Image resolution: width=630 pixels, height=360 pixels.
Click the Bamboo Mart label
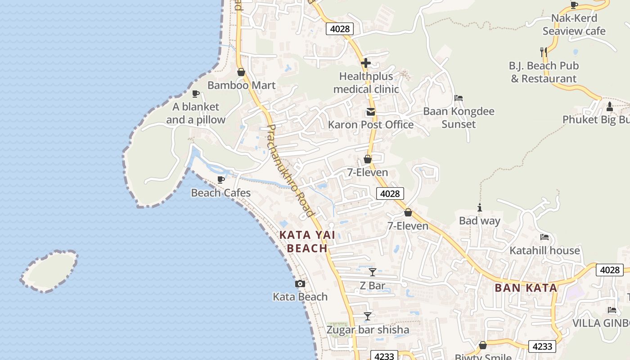pyautogui.click(x=241, y=85)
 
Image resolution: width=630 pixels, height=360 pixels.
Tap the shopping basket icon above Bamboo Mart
pyautogui.click(x=241, y=72)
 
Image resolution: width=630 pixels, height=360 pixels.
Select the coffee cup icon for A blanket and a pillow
pyautogui.click(x=196, y=94)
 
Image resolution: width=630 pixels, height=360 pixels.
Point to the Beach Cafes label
pyautogui.click(x=220, y=193)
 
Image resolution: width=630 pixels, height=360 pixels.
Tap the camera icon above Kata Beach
pyautogui.click(x=300, y=283)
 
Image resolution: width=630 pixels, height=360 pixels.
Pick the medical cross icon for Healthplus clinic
pyautogui.click(x=366, y=63)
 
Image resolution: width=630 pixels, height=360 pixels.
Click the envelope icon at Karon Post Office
pyautogui.click(x=371, y=112)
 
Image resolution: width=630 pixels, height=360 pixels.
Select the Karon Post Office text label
pyautogui.click(x=371, y=125)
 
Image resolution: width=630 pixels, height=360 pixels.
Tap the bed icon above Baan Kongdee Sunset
pyautogui.click(x=459, y=98)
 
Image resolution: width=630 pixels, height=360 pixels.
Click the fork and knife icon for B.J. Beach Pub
pyautogui.click(x=544, y=52)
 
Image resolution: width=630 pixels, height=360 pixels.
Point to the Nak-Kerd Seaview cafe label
pyautogui.click(x=574, y=25)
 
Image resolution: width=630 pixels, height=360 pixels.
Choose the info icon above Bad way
pyautogui.click(x=480, y=207)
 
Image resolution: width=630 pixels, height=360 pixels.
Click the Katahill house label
pyautogui.click(x=544, y=250)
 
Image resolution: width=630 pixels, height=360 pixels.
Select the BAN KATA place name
pyautogui.click(x=526, y=288)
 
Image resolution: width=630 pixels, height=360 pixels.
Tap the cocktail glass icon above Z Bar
pyautogui.click(x=373, y=272)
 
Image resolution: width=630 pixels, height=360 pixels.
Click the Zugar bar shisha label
pyautogui.click(x=368, y=330)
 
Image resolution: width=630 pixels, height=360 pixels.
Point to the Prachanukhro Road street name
pyautogui.click(x=290, y=171)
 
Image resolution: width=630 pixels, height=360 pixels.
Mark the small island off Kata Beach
pyautogui.click(x=49, y=271)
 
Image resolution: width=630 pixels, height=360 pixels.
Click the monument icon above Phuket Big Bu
pyautogui.click(x=610, y=107)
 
